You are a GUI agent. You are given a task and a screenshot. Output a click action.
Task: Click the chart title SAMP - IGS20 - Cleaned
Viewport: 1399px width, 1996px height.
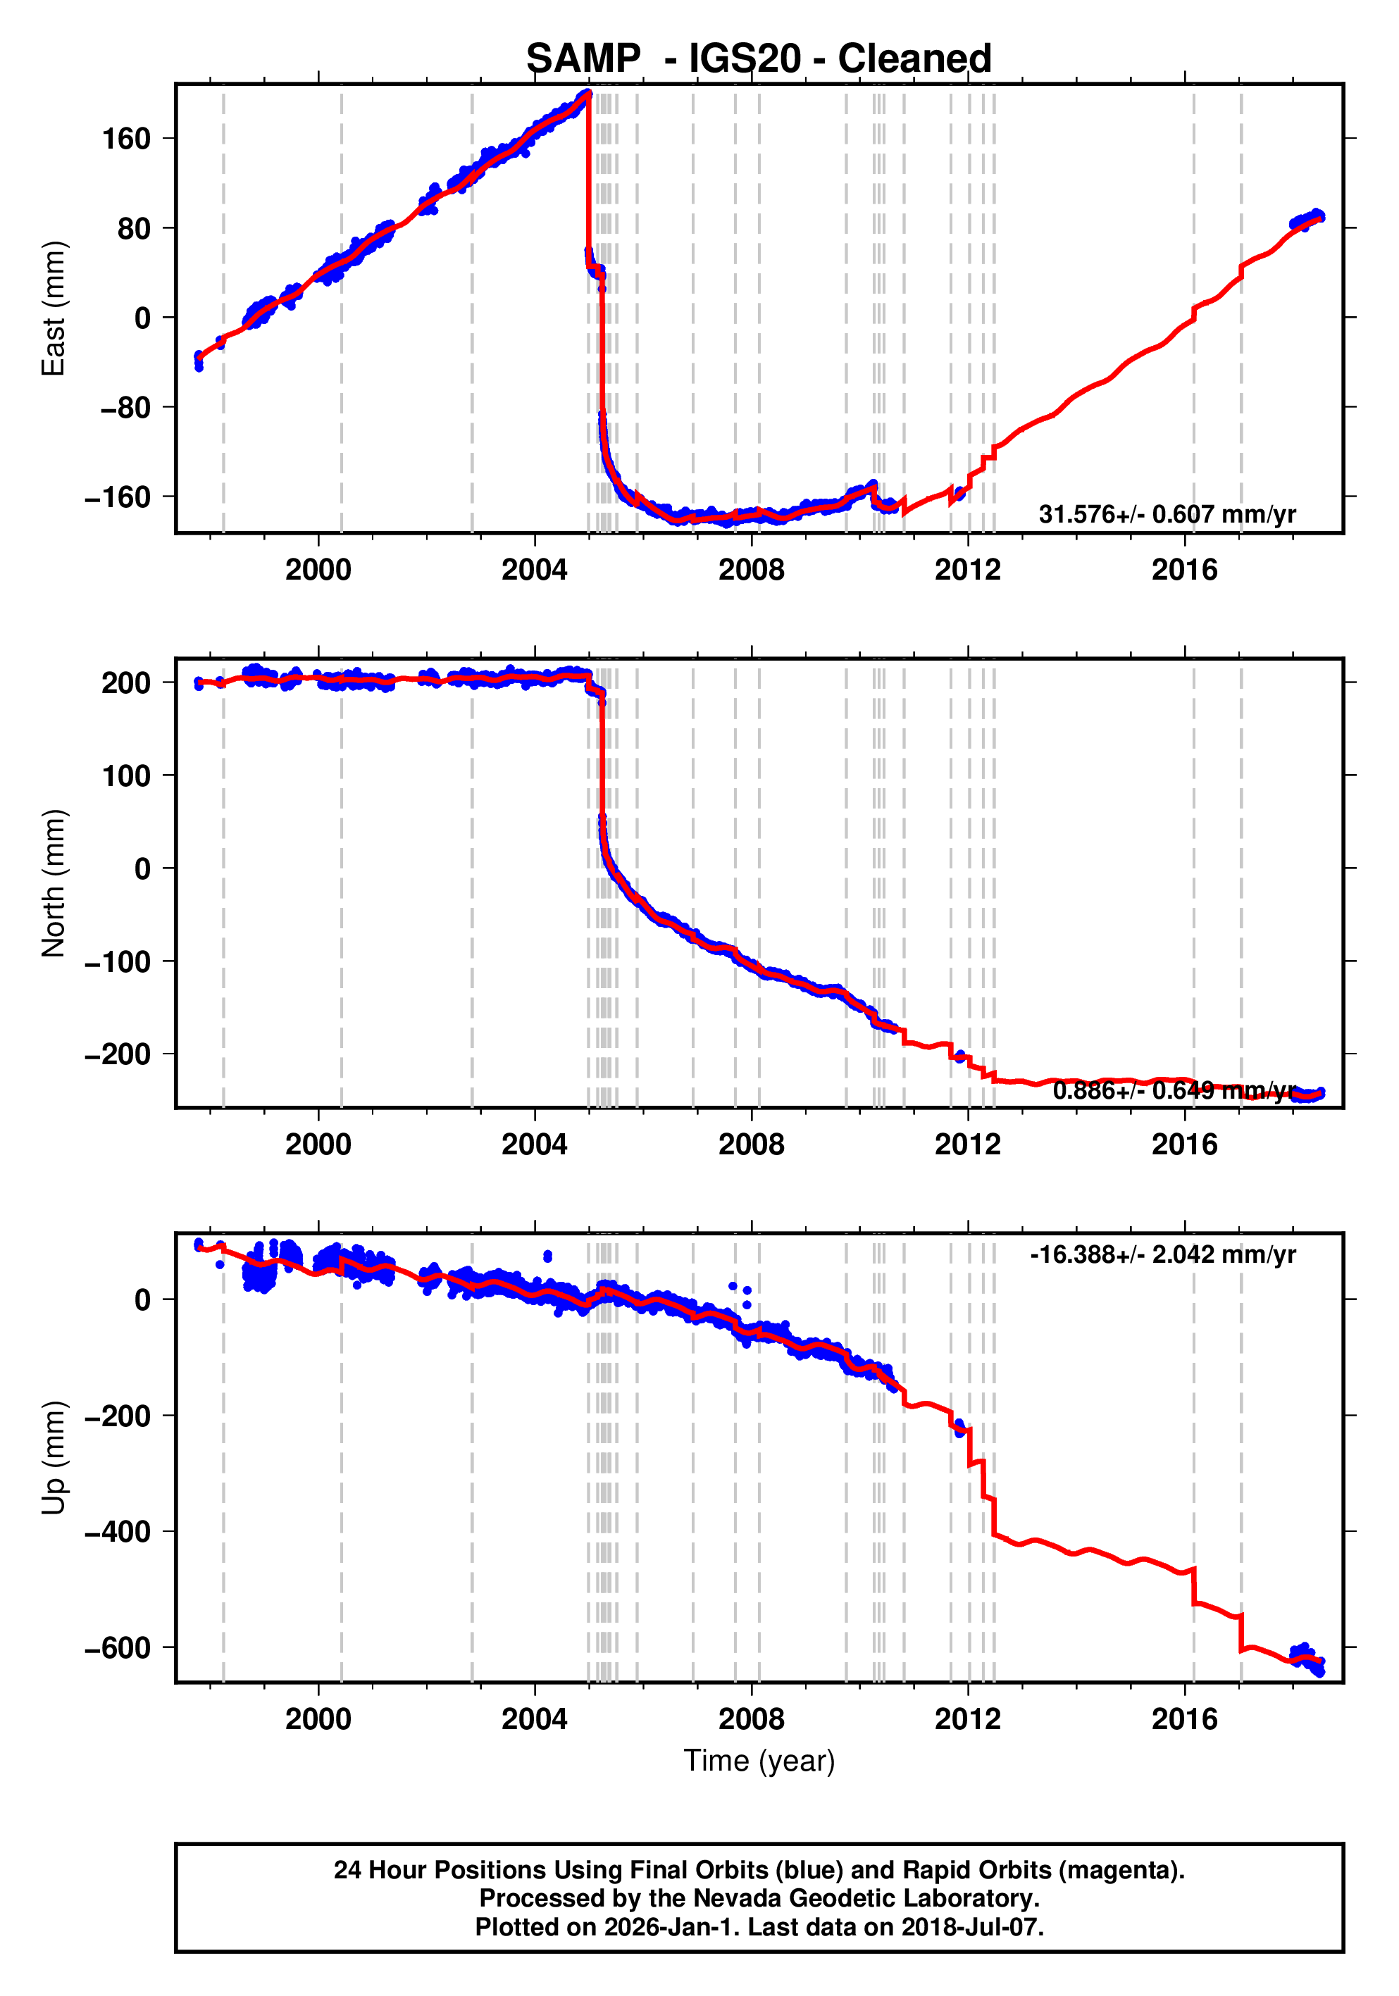[758, 59]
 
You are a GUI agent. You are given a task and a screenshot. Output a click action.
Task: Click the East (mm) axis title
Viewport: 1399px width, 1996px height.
[54, 308]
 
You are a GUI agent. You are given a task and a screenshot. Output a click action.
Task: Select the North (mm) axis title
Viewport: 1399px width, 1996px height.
[54, 883]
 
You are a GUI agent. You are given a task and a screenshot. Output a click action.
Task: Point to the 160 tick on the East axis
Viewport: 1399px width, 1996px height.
[126, 139]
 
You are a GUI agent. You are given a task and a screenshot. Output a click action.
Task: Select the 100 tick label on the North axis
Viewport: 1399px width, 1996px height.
[126, 775]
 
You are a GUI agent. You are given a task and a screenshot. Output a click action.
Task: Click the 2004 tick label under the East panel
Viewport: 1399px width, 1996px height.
[534, 570]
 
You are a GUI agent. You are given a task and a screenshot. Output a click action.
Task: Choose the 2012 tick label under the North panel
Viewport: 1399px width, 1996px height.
[967, 1145]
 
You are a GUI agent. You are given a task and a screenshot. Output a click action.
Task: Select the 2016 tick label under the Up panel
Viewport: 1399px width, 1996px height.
[1184, 1719]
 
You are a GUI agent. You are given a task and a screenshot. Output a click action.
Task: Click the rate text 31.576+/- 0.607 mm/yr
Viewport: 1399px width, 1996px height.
[1166, 515]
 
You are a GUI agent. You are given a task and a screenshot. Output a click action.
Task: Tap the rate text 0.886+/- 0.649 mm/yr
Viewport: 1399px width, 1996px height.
[1174, 1090]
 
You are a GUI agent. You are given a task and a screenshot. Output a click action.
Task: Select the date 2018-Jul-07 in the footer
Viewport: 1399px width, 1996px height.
[971, 1926]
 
